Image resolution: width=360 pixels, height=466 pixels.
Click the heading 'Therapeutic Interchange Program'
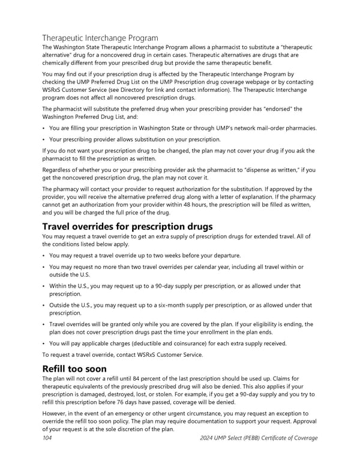tap(100, 38)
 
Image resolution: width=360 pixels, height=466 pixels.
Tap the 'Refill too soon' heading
tap(74, 368)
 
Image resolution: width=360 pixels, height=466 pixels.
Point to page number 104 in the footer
tap(48, 438)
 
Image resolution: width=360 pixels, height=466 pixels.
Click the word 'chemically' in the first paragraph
tap(59, 63)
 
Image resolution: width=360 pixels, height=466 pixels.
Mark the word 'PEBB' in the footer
tap(258, 438)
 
